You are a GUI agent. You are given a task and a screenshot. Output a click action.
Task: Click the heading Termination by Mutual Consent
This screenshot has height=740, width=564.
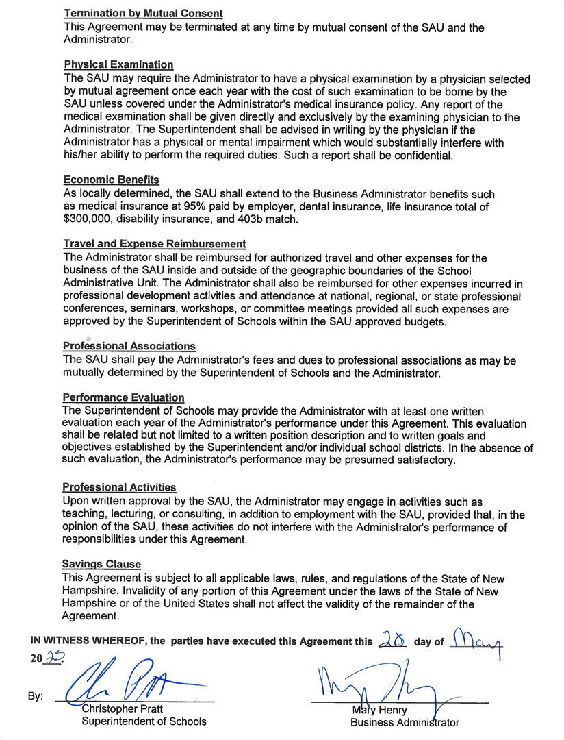click(143, 13)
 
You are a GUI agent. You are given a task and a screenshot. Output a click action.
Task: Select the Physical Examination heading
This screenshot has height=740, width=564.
click(118, 65)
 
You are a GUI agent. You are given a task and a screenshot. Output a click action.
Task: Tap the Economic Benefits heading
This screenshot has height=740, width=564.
click(111, 180)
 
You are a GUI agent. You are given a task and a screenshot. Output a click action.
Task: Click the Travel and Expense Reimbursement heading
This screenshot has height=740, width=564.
click(155, 244)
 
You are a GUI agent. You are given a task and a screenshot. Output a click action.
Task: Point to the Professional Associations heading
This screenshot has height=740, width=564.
click(129, 347)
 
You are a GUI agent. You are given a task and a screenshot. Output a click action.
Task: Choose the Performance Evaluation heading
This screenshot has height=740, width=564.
click(124, 397)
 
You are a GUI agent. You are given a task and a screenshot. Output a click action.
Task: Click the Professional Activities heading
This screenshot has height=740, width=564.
click(119, 487)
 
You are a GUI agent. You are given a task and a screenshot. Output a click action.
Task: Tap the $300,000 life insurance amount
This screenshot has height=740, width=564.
click(88, 220)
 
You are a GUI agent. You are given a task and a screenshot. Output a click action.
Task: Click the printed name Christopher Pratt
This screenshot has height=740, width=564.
click(123, 709)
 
